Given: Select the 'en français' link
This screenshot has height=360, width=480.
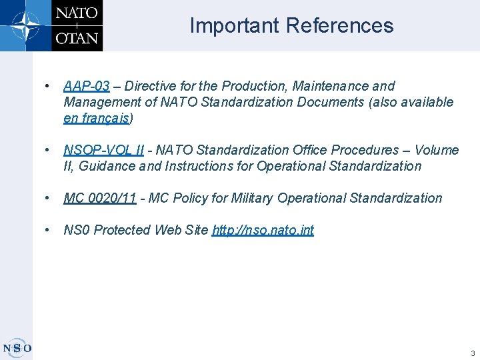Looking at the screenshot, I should (x=97, y=119).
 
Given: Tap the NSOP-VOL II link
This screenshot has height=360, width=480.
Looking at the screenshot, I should (x=103, y=150).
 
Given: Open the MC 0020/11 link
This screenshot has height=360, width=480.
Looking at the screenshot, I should (x=100, y=198).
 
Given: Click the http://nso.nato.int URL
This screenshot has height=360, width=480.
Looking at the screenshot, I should (x=263, y=230).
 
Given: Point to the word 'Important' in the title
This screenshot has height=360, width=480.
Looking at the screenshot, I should (x=235, y=25).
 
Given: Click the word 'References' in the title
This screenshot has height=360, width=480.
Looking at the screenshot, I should (x=340, y=25).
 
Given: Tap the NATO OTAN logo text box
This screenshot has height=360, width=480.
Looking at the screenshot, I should (x=77, y=25).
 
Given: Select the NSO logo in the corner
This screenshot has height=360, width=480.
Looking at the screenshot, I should (x=17, y=347).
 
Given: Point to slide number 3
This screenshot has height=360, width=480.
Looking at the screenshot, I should (x=472, y=353).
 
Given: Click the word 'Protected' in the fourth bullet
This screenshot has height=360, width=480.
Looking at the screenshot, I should (x=123, y=230).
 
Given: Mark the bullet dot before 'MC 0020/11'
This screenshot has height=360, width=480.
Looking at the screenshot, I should (x=47, y=198).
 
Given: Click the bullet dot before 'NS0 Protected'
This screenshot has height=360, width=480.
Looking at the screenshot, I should (x=47, y=230).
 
